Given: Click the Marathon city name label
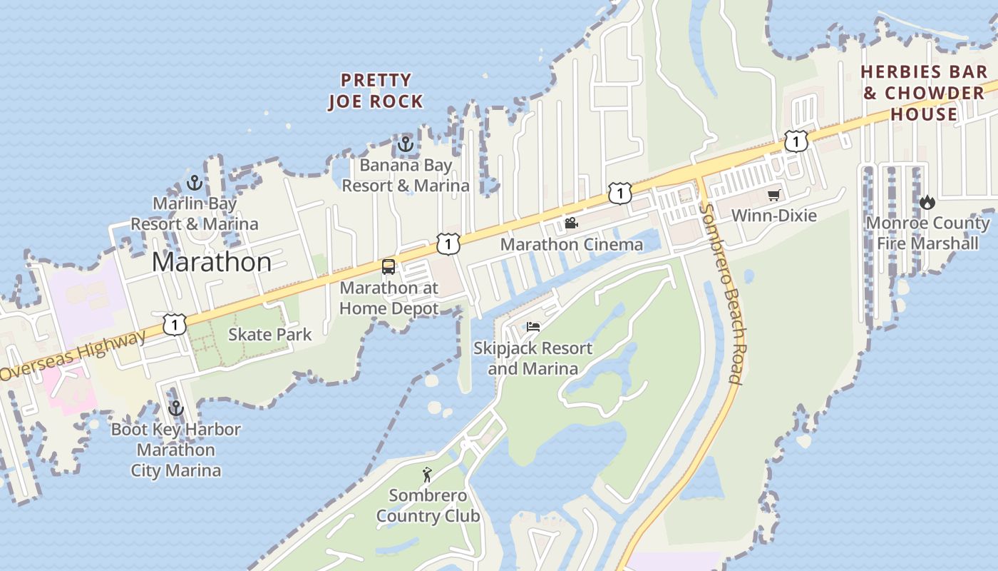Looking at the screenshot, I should (x=212, y=262).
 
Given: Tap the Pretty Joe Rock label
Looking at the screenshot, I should (x=376, y=91).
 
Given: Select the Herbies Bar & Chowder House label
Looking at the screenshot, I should (x=924, y=93).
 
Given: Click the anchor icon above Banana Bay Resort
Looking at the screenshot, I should (x=406, y=144).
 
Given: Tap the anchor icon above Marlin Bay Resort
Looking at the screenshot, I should (x=195, y=183).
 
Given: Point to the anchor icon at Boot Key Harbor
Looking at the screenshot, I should (x=175, y=409).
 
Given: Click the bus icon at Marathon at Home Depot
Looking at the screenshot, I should (x=389, y=267).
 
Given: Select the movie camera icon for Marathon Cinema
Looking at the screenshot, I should (x=571, y=223).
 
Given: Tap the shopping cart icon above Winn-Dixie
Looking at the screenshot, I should (x=773, y=195).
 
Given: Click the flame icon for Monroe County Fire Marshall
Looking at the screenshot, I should (x=927, y=203).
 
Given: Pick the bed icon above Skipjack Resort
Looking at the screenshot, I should (x=533, y=327).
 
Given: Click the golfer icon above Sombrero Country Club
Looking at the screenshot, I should (x=427, y=475).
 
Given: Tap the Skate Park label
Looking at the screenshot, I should (x=270, y=334).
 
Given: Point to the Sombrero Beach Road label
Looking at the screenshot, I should (x=724, y=294).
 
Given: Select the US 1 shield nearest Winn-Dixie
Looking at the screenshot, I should (x=796, y=141).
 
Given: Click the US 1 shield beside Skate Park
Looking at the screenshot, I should (x=174, y=325).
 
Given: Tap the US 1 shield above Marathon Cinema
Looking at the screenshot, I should (x=619, y=193).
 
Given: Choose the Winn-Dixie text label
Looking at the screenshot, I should (x=774, y=216).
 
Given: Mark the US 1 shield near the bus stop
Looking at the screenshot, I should (x=448, y=244).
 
